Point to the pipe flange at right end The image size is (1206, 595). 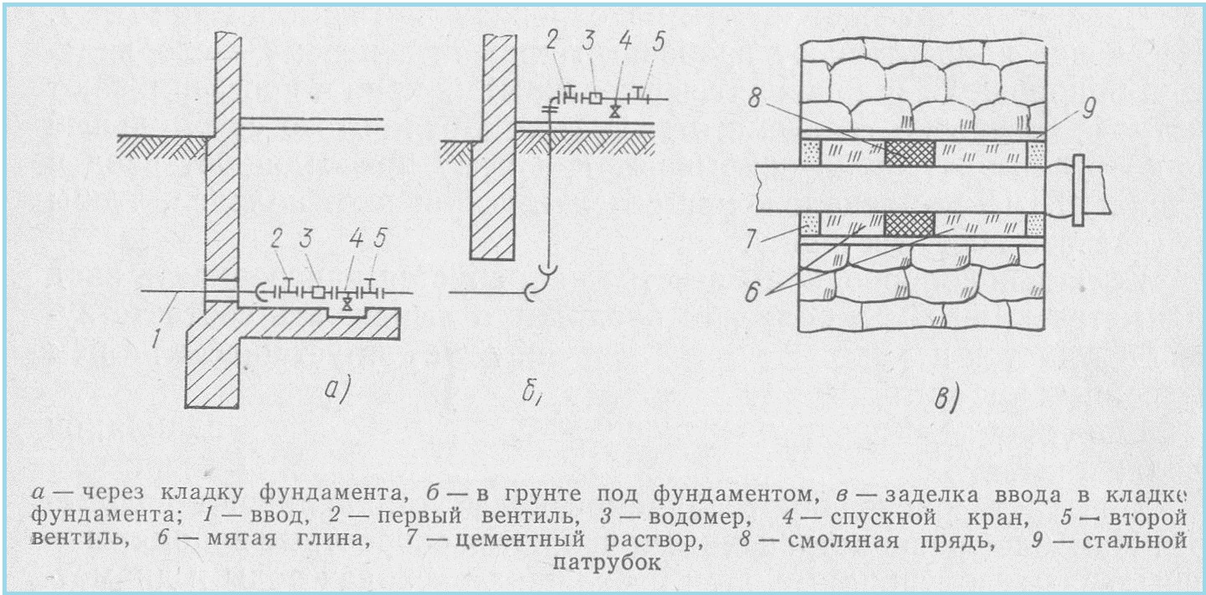[x=1078, y=190]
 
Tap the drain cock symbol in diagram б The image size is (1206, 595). [x=615, y=110]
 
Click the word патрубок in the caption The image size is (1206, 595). [x=608, y=562]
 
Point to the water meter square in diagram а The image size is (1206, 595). [x=320, y=293]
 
